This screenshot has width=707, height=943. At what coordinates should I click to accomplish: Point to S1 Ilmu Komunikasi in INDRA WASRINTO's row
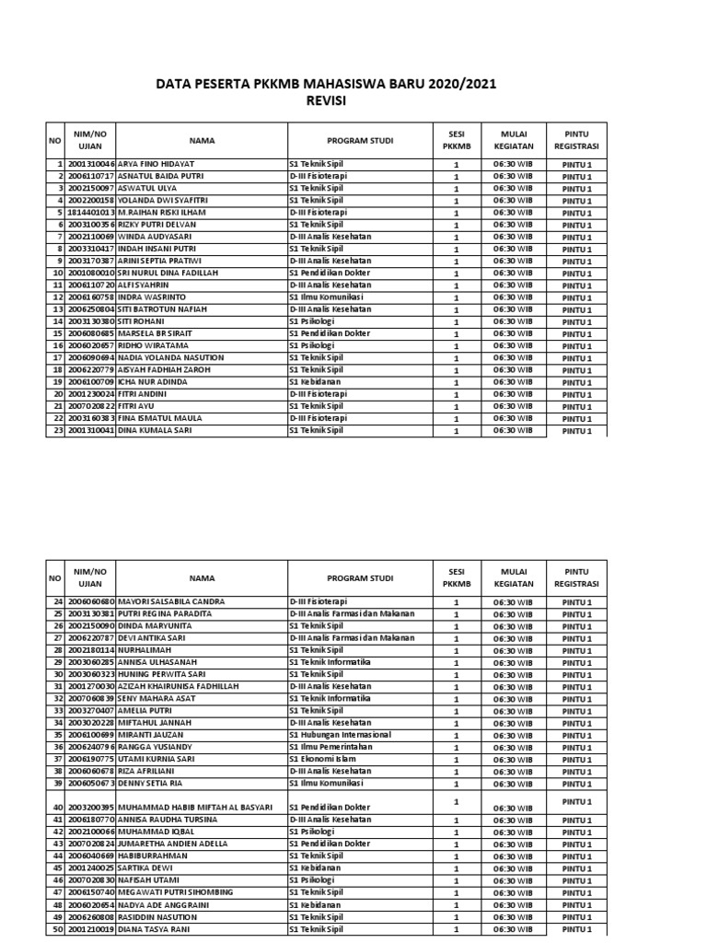click(x=326, y=297)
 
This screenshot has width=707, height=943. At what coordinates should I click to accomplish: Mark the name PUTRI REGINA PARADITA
click(x=166, y=613)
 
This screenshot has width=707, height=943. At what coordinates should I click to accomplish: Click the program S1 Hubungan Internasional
click(x=340, y=735)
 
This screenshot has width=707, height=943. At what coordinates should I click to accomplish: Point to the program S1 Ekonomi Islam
click(x=323, y=759)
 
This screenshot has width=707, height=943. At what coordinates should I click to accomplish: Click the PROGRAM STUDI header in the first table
click(x=360, y=141)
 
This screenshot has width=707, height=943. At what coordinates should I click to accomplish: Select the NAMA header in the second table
click(x=202, y=578)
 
